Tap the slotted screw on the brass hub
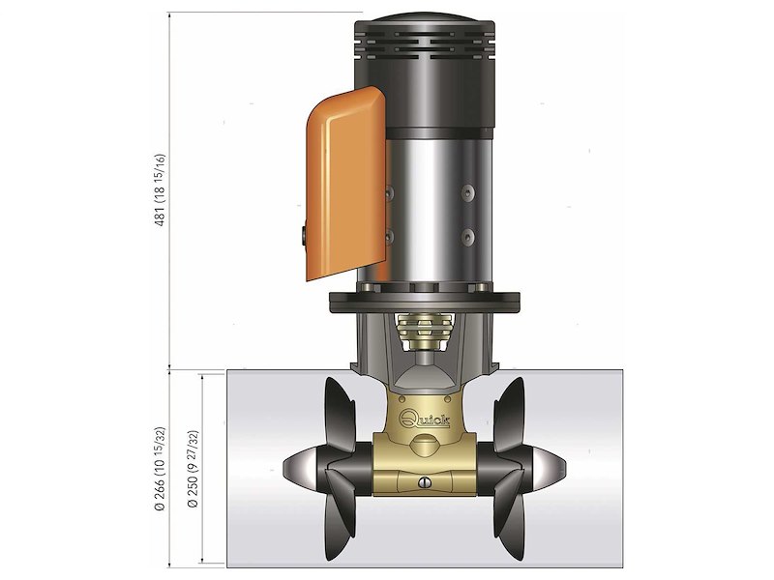coord(424,483)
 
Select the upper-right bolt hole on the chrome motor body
coord(469,192)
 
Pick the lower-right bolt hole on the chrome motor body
coord(469,236)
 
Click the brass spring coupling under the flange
coord(426,333)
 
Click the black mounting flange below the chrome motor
coord(426,301)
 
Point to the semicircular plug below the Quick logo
coord(426,445)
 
